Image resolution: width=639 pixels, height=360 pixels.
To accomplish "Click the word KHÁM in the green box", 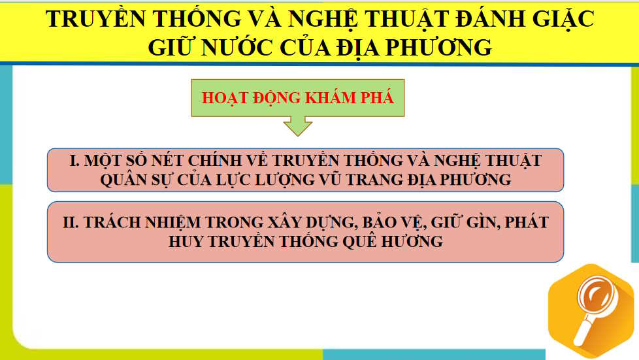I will (x=331, y=98).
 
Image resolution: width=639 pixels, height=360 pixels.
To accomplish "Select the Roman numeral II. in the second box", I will (x=71, y=222).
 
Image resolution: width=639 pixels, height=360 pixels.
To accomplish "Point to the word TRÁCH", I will (x=115, y=222).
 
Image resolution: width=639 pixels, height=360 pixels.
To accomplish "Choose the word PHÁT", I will (x=525, y=222).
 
